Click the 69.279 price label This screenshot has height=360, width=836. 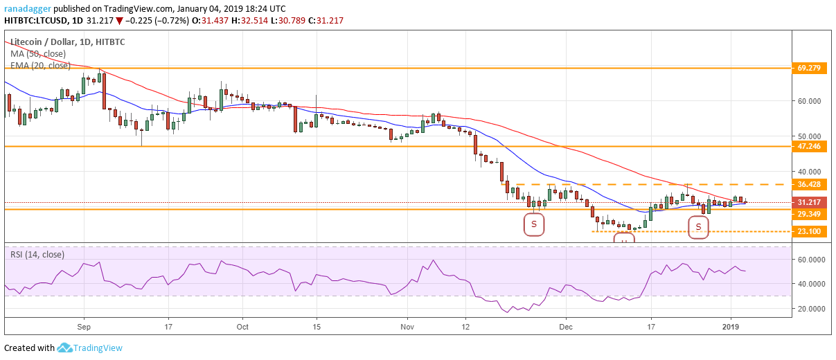tap(808, 68)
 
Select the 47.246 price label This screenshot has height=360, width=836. tap(808, 147)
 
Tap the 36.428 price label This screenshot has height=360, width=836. tap(808, 185)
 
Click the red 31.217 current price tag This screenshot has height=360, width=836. tap(808, 203)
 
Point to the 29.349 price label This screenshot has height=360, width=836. tap(808, 215)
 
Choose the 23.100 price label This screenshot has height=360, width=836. tap(808, 231)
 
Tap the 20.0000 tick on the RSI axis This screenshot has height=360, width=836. tap(809, 309)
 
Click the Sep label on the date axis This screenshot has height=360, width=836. tap(84, 325)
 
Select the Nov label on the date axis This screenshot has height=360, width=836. tap(407, 325)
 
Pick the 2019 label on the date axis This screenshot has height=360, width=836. tap(731, 325)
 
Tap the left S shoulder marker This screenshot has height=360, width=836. tap(534, 224)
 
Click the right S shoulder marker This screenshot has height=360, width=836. tap(699, 226)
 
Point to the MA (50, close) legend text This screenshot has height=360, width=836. tap(40, 53)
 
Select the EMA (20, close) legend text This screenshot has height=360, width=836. tap(40, 66)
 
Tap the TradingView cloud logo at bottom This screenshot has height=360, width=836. tap(65, 348)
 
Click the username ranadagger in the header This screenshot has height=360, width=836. tap(28, 8)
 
